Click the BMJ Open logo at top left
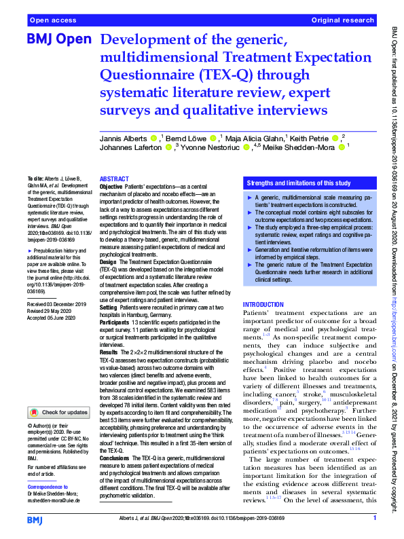tap(58, 39)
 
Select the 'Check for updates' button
tap(56, 411)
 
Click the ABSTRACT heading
tap(113, 178)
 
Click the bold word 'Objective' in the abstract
tap(111, 186)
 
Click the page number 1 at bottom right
tap(374, 518)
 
